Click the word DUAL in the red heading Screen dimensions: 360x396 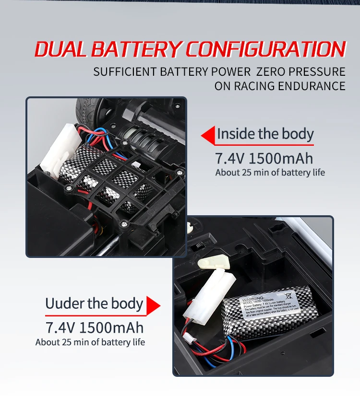click(x=60, y=50)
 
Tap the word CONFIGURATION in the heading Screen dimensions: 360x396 click(x=265, y=50)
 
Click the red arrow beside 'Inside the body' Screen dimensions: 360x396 click(x=207, y=136)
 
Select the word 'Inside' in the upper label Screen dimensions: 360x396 click(x=235, y=134)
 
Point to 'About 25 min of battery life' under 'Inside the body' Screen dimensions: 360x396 click(x=270, y=173)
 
